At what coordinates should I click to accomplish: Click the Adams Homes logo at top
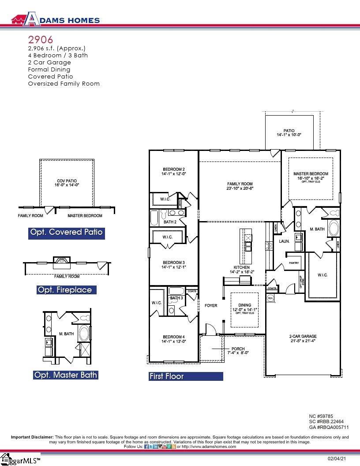tap(55, 19)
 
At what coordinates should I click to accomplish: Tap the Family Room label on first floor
tap(240, 184)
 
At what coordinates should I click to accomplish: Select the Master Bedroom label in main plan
tap(311, 174)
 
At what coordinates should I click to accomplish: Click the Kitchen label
tap(242, 267)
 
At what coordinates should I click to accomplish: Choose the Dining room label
tap(244, 305)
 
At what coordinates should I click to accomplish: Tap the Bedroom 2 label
tap(173, 169)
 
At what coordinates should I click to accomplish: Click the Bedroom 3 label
tap(173, 263)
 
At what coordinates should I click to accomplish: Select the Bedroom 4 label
tap(173, 337)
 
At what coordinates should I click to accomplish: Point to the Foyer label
tap(211, 305)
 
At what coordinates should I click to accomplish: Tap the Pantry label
tap(294, 263)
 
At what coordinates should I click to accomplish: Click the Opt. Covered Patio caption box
tap(66, 232)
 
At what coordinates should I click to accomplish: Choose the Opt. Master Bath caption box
tap(66, 375)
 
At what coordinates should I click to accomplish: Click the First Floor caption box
tap(185, 376)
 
